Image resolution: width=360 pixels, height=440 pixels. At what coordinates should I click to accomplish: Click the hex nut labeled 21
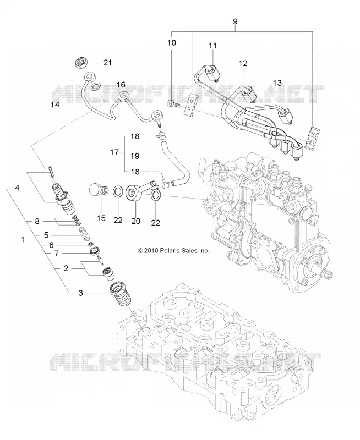pos(80,63)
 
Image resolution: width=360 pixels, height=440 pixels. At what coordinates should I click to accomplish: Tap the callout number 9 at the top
pos(235,21)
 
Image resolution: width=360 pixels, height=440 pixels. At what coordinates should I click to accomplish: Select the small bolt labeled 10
pos(174,104)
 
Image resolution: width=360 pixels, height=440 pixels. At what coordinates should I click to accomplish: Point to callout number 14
pos(55,105)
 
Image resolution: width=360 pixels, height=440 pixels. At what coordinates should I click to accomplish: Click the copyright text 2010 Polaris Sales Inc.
pos(173,250)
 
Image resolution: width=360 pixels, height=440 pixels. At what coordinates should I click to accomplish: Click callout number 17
pos(114,153)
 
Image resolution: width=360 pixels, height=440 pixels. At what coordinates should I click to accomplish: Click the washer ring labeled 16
pos(96,86)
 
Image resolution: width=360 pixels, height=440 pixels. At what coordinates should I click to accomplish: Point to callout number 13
pos(277,84)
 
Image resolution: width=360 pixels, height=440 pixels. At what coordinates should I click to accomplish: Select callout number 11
pos(213,46)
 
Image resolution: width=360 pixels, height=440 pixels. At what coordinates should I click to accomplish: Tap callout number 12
pos(243,63)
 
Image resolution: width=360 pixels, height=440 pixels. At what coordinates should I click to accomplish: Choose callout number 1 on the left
pos(23,239)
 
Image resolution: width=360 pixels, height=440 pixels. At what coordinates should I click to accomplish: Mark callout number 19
pos(135,156)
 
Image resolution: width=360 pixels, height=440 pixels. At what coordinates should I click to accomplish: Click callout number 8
pos(37,222)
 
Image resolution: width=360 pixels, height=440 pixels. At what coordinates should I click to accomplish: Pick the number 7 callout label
pos(57,254)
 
